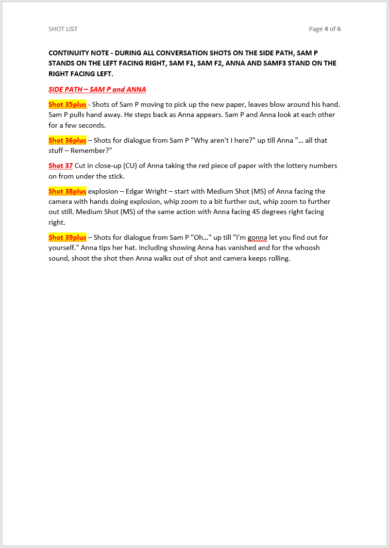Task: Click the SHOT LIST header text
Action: (x=63, y=29)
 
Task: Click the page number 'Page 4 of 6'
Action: (x=324, y=29)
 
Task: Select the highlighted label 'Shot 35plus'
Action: (x=67, y=104)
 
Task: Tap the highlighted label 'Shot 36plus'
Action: (x=67, y=140)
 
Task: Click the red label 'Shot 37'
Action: (x=61, y=166)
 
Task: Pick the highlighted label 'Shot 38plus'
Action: (x=67, y=191)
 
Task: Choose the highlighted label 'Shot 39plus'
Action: (x=67, y=237)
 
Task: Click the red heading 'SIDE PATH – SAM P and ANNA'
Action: (x=97, y=89)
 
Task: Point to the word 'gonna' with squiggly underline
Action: (x=257, y=237)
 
